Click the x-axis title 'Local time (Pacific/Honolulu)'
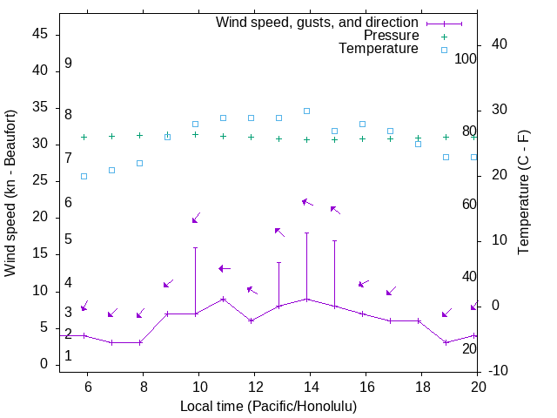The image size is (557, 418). (268, 407)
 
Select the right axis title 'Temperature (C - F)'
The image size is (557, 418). (523, 193)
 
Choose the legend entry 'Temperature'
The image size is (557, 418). (379, 49)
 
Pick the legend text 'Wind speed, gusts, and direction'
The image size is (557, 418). (318, 23)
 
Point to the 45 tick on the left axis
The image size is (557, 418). (40, 34)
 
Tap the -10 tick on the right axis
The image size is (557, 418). (500, 372)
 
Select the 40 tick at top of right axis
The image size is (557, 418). (500, 44)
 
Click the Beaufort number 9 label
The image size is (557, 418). (68, 64)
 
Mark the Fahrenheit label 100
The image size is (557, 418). (466, 58)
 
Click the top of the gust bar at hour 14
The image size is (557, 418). (306, 233)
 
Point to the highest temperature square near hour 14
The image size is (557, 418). (306, 111)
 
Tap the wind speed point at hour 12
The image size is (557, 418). (251, 320)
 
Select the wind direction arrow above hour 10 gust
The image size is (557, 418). (196, 218)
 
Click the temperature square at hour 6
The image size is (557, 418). (84, 176)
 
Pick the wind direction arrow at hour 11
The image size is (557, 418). (225, 268)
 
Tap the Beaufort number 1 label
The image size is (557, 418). (68, 356)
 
